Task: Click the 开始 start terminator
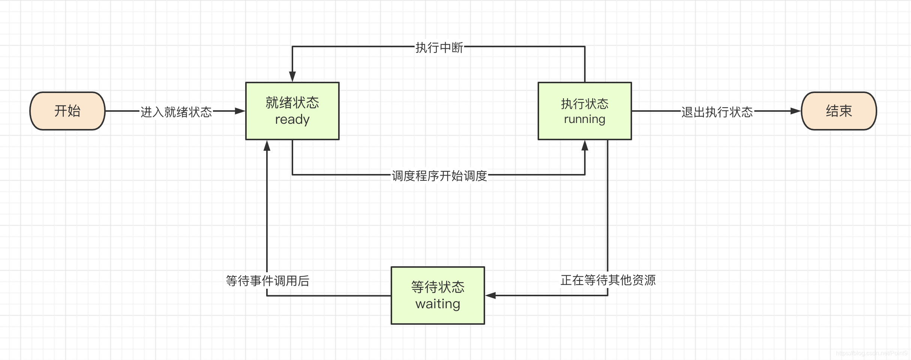tap(67, 111)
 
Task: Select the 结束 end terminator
tap(839, 111)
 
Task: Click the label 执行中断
tap(439, 48)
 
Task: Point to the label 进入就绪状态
tap(176, 112)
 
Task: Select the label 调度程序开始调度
tap(439, 175)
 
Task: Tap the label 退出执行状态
tap(717, 112)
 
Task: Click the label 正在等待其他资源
tap(608, 280)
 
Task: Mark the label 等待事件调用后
tap(268, 281)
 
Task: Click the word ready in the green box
tap(292, 120)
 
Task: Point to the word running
tap(585, 119)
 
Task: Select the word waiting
tap(438, 304)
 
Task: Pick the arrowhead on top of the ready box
tap(292, 76)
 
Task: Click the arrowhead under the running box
tap(585, 145)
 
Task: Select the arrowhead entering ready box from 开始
tap(240, 111)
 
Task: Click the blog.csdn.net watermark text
tap(871, 353)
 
